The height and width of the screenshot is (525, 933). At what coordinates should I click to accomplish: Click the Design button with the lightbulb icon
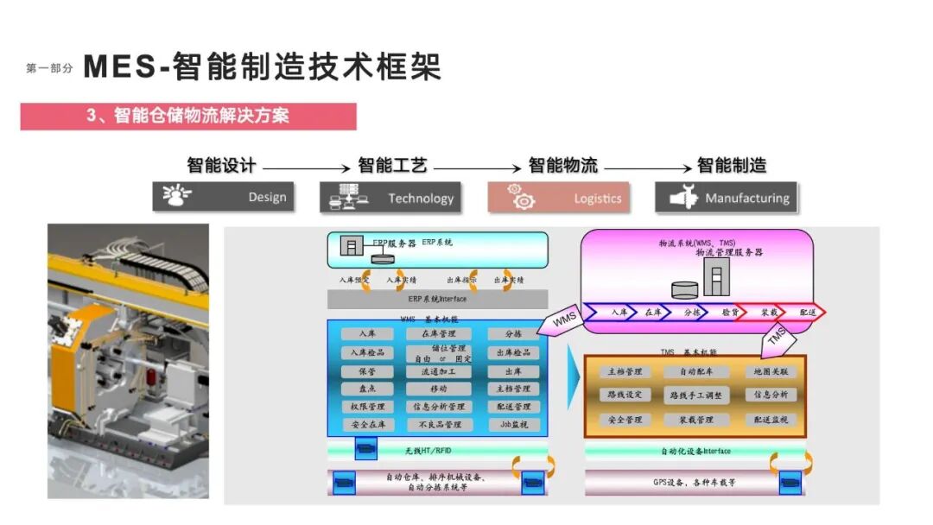(x=223, y=198)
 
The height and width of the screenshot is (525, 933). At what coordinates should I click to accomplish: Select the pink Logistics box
(x=558, y=198)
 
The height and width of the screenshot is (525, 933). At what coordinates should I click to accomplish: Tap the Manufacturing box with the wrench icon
(x=726, y=198)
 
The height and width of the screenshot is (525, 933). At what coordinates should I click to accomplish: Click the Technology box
(x=390, y=198)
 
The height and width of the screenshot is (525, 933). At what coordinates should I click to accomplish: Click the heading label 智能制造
(x=732, y=165)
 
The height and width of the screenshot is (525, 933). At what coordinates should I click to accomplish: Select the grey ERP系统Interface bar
(x=437, y=299)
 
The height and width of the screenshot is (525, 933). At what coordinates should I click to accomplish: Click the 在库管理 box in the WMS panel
(x=439, y=333)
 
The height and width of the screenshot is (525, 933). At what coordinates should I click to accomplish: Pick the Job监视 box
(x=513, y=425)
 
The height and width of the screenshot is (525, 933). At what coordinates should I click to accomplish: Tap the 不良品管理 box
(x=440, y=425)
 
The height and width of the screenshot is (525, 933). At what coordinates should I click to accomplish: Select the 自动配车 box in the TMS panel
(x=695, y=372)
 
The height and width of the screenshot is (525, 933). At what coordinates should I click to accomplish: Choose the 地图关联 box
(x=771, y=372)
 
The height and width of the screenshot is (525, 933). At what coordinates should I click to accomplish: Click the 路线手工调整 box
(x=695, y=395)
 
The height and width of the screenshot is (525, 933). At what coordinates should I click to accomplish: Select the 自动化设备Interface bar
(x=695, y=451)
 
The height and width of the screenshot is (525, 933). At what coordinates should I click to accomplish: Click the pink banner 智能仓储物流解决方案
(x=188, y=116)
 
